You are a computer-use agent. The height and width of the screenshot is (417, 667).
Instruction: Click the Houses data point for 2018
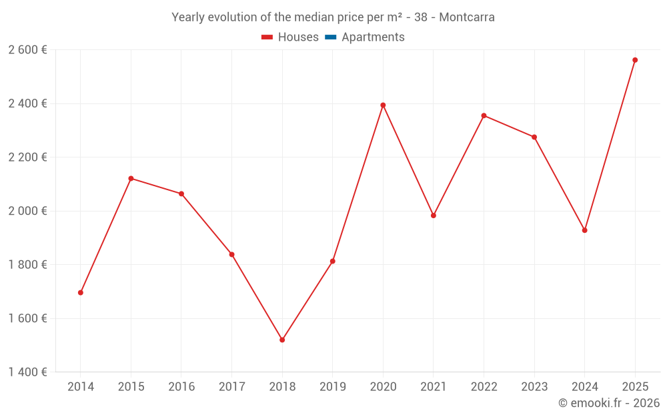pos(282,340)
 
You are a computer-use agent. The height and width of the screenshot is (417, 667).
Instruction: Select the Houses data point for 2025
pos(635,60)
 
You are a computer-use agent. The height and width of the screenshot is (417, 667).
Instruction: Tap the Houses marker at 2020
pos(383,105)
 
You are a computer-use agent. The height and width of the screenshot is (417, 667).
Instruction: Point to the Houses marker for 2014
pos(81,292)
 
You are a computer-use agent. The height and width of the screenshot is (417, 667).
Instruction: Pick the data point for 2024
pos(585,230)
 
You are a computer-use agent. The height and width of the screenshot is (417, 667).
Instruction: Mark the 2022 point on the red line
pos(484,115)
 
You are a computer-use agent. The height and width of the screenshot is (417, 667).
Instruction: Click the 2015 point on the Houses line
pos(131,178)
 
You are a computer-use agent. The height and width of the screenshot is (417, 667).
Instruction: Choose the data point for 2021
pos(434,216)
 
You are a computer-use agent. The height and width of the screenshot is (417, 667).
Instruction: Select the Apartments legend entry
pos(373,37)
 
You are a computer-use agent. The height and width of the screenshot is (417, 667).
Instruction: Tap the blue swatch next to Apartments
pos(329,37)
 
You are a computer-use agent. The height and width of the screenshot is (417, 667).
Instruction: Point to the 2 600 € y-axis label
pos(27,50)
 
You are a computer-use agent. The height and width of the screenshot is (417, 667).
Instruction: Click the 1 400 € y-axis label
pos(27,372)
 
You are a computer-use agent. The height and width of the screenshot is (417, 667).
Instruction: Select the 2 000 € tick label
pos(27,211)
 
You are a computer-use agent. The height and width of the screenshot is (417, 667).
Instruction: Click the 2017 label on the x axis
pos(231,386)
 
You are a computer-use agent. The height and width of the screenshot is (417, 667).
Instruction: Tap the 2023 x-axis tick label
pos(534,386)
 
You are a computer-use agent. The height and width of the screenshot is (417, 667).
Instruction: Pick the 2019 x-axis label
pos(332,386)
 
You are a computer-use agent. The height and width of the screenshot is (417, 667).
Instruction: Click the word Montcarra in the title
pos(467,17)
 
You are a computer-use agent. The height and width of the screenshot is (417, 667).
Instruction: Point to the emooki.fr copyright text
pos(609,403)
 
